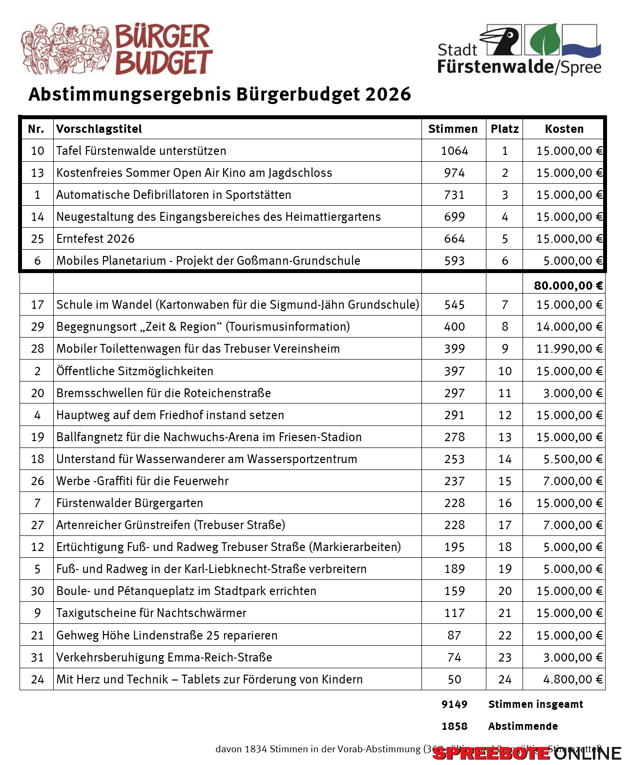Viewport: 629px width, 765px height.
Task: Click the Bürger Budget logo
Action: click(x=117, y=49)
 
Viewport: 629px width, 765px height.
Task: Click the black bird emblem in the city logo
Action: click(x=503, y=40)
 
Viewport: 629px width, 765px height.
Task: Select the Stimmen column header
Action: click(x=453, y=129)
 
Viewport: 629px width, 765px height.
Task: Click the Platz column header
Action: click(x=504, y=129)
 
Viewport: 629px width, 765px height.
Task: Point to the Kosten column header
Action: click(x=564, y=129)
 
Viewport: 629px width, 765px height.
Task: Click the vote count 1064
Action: click(x=454, y=151)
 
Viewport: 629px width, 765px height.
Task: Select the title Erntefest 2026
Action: click(x=95, y=239)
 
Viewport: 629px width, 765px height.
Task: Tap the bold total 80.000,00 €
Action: click(x=568, y=286)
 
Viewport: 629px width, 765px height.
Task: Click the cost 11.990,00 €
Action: click(x=569, y=349)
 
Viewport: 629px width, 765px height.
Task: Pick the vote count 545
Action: click(x=454, y=305)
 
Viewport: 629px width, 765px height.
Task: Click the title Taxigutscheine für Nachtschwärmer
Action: click(x=151, y=613)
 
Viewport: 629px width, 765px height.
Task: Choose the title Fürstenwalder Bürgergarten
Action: click(x=129, y=503)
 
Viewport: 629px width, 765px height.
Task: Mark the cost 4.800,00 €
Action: click(x=573, y=680)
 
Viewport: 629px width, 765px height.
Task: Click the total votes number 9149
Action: click(x=454, y=704)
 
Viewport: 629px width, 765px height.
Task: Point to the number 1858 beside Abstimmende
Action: click(x=454, y=726)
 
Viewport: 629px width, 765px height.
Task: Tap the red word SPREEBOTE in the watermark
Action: click(x=491, y=753)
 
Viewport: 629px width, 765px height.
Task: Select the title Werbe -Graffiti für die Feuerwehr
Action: click(x=142, y=481)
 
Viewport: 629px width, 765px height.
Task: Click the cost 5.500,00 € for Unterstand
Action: click(x=573, y=459)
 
